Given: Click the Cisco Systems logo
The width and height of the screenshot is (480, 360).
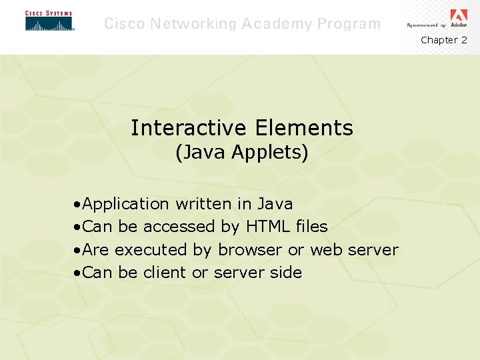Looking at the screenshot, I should (49, 21).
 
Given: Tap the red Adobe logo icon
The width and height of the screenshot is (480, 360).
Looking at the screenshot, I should (459, 15).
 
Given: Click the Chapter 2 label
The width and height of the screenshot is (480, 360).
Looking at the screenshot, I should (443, 40).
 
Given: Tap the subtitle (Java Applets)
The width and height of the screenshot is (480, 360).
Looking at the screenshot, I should (241, 153).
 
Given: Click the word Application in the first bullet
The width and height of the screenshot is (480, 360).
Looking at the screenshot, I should (127, 203).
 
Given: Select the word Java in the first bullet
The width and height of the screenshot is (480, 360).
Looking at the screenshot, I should (275, 203).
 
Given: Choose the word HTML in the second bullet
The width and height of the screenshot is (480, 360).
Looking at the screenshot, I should (267, 227).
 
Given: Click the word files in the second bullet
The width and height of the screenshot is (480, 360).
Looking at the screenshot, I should (311, 227).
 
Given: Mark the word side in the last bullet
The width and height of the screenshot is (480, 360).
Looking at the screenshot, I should (286, 273).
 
